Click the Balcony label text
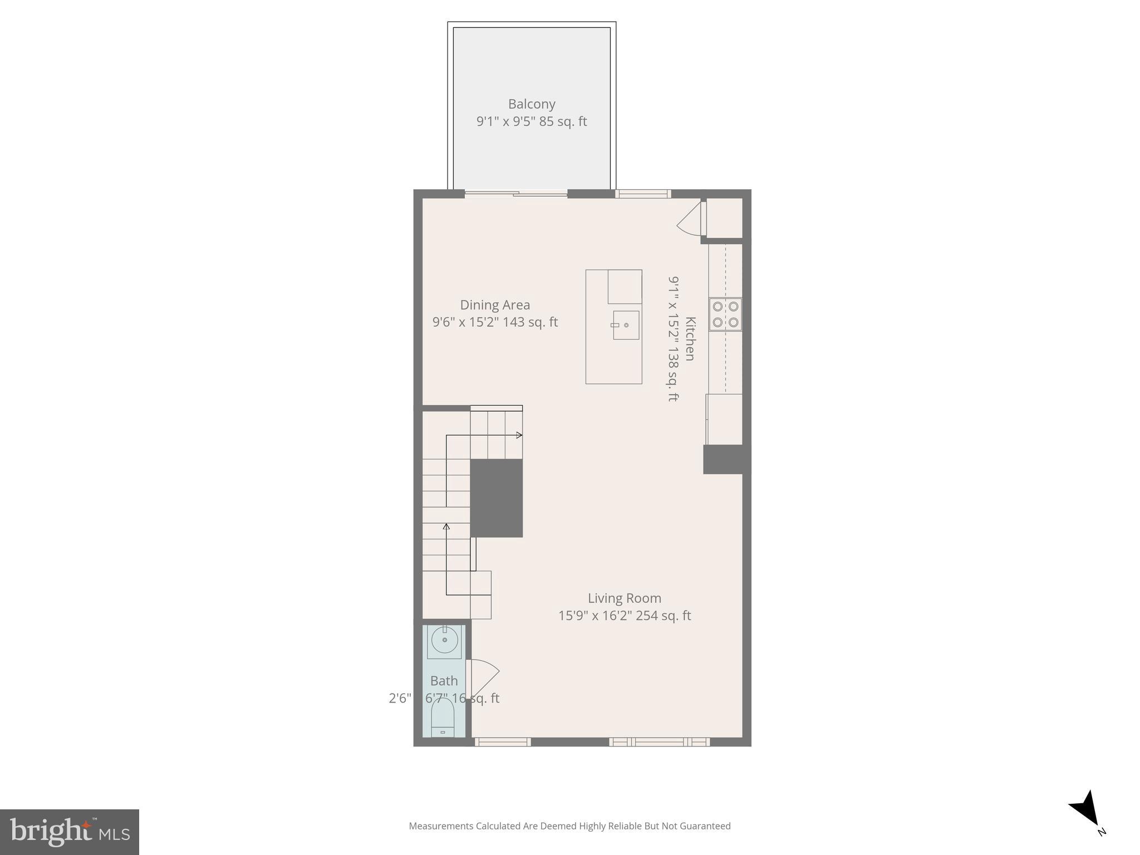pos(532,104)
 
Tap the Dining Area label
pos(494,305)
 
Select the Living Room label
pos(624,598)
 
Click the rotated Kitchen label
pos(690,338)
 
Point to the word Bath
pos(444,681)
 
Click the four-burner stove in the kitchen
pos(725,315)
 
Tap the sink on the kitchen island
pos(625,325)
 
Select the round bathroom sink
pos(444,641)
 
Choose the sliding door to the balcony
pos(516,194)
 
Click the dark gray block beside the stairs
pos(497,498)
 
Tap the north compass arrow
pos(1086,809)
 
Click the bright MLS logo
pos(70,832)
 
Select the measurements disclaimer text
pos(569,826)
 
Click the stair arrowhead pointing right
pos(519,435)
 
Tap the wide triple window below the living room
pos(659,741)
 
